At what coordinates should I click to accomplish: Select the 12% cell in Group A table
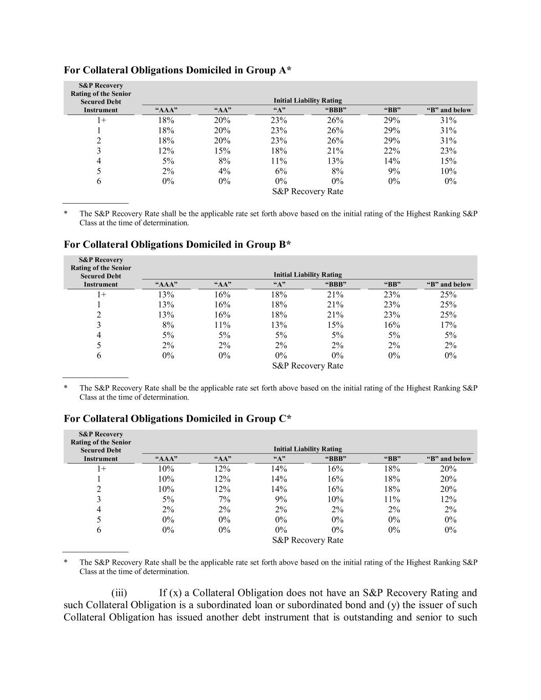tap(166, 151)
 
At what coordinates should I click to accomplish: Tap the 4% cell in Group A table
tap(225, 171)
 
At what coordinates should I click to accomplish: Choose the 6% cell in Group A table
tap(281, 171)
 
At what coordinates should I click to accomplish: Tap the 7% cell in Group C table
tap(225, 499)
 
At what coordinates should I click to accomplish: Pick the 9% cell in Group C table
tap(281, 499)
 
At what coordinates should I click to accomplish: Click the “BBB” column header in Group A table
tap(336, 110)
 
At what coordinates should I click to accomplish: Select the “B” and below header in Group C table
tap(449, 459)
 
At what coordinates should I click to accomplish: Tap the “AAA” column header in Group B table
tap(166, 285)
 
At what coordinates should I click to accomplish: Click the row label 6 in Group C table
tap(99, 530)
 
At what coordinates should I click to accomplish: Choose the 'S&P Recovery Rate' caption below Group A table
tap(308, 192)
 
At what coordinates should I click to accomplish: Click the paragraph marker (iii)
tap(119, 593)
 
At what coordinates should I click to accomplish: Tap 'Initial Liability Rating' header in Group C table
tap(308, 449)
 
